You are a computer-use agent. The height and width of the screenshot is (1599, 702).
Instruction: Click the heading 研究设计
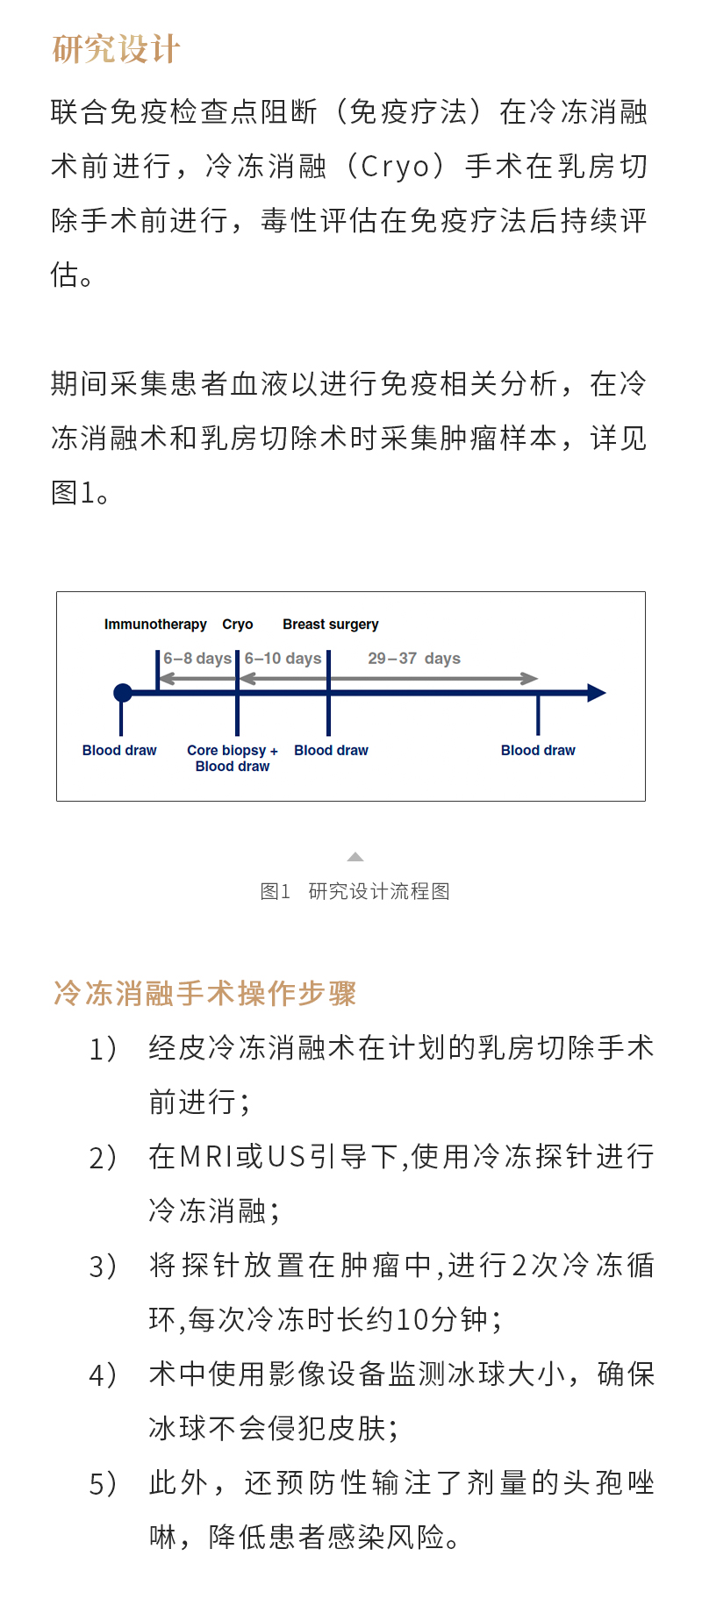116,49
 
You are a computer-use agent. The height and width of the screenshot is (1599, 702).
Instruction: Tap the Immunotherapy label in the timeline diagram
155,625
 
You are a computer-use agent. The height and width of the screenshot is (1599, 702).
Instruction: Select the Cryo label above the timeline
238,625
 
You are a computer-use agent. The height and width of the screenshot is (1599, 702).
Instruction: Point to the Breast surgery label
331,625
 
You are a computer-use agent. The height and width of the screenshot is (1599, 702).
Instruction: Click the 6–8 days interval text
197,659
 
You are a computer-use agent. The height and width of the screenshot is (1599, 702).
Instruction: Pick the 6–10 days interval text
283,659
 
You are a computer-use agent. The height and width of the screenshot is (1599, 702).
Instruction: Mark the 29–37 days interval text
414,659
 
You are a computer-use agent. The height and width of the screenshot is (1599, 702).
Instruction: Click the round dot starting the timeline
123,693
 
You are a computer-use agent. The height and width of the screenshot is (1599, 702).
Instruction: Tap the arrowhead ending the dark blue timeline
597,693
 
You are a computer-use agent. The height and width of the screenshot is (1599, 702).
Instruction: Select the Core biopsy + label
233,751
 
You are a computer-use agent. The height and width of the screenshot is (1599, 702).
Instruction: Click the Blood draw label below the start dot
119,751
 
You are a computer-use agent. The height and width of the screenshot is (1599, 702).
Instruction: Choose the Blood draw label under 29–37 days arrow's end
538,751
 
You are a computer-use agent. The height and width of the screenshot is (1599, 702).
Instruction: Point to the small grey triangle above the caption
355,857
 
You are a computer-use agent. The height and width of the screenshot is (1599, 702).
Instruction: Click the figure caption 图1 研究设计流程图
355,892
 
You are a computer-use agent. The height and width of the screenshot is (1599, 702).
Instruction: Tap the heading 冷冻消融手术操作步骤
205,994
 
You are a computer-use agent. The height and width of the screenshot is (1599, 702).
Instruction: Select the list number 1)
103,1049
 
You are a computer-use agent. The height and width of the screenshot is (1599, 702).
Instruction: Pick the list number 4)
103,1375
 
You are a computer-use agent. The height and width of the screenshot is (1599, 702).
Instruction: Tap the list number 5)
103,1484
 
